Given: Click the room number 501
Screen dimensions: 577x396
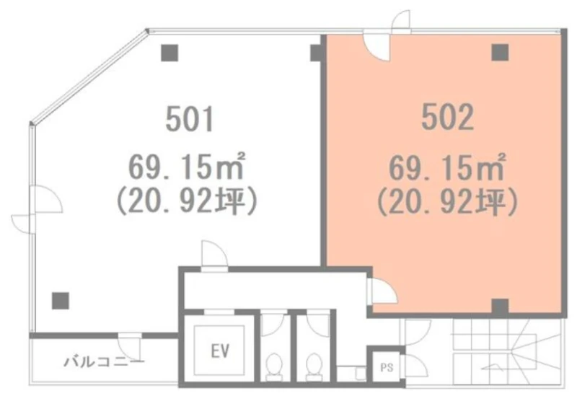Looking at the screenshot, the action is coord(190,118).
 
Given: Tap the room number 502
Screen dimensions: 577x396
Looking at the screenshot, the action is coord(447,117).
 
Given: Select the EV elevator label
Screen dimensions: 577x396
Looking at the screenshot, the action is coord(220,351).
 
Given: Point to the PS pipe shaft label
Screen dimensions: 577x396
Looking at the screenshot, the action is coord(387,367).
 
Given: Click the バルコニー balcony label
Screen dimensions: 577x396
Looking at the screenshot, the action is coord(104,362).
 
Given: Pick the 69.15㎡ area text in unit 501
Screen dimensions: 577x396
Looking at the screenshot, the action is coord(187,167).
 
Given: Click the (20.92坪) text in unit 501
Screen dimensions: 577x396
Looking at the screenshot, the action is coord(187,201).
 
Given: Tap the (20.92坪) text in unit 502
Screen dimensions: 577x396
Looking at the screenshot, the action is coord(448,202).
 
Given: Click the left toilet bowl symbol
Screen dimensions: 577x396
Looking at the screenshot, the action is coord(274,366).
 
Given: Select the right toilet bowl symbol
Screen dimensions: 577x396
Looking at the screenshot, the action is coord(314,366).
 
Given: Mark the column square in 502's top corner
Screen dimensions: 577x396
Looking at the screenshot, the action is coord(500,52).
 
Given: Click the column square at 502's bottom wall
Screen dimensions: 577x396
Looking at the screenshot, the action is coord(500,307).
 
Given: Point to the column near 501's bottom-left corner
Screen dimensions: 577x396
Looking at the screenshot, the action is coord(61,301).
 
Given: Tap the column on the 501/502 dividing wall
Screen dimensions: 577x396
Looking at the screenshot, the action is coord(317,53).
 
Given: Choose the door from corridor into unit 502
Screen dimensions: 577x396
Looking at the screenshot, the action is coord(383,291).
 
